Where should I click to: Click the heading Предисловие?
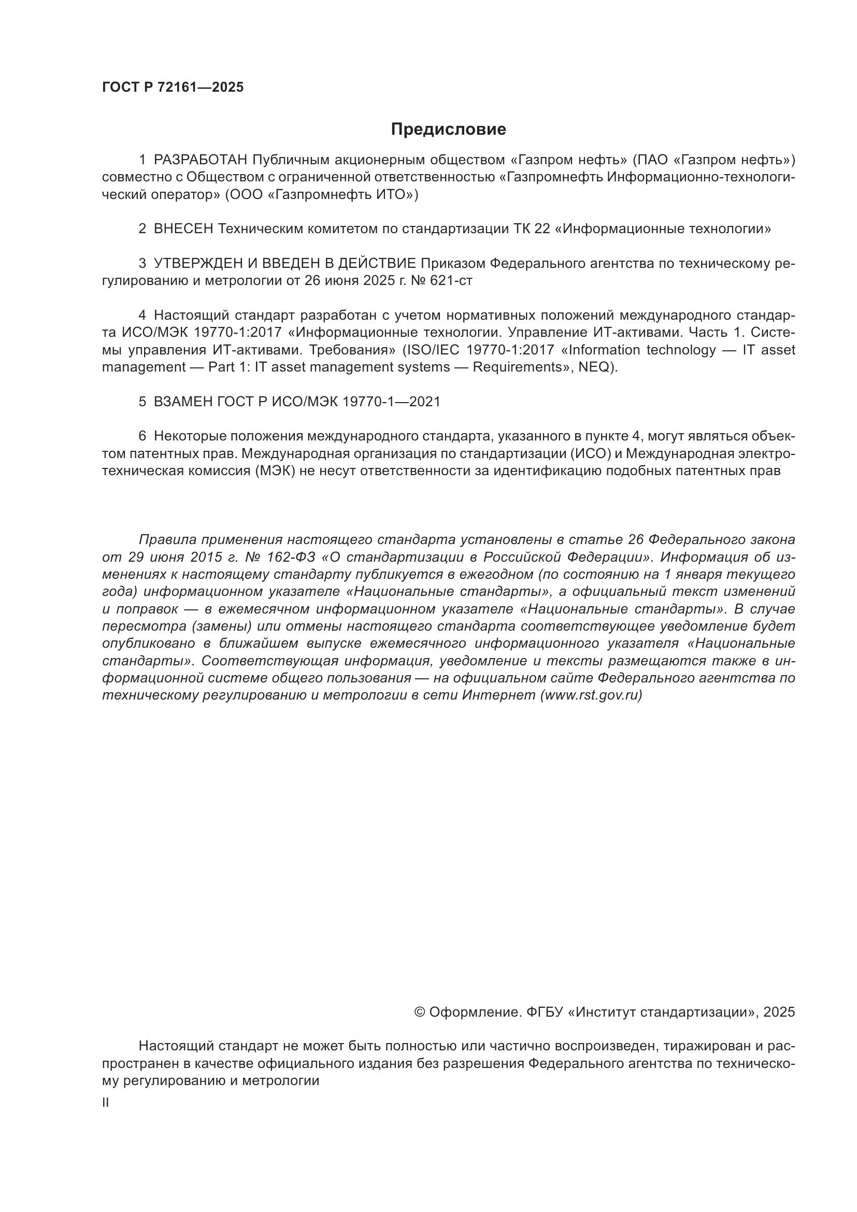(448, 130)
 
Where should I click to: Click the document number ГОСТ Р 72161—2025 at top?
(173, 88)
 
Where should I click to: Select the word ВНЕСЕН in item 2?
(183, 229)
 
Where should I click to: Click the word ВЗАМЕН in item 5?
(182, 402)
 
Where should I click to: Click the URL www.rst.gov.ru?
(591, 695)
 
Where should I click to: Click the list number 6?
(142, 436)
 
